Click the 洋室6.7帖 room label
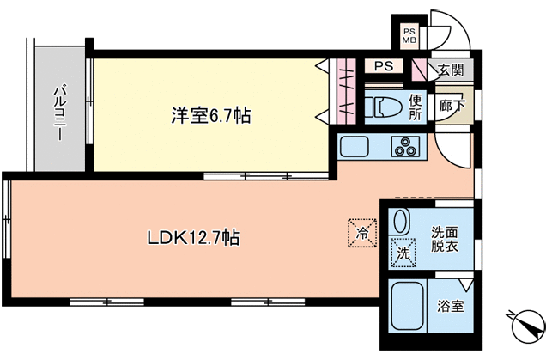[210, 115]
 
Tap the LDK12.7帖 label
[194, 238]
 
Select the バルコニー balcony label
[59, 113]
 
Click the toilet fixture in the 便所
[384, 107]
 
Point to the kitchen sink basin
[355, 147]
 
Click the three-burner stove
[405, 147]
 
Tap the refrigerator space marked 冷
[362, 233]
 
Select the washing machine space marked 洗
[403, 253]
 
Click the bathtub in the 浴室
[408, 306]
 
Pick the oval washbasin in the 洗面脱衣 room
[400, 222]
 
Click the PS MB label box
[409, 36]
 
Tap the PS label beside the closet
[384, 66]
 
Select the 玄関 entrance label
[451, 70]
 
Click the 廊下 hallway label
[452, 105]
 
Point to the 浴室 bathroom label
[451, 306]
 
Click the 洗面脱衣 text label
[445, 239]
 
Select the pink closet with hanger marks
[347, 91]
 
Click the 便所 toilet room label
[415, 107]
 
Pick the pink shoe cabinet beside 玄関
[419, 70]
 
